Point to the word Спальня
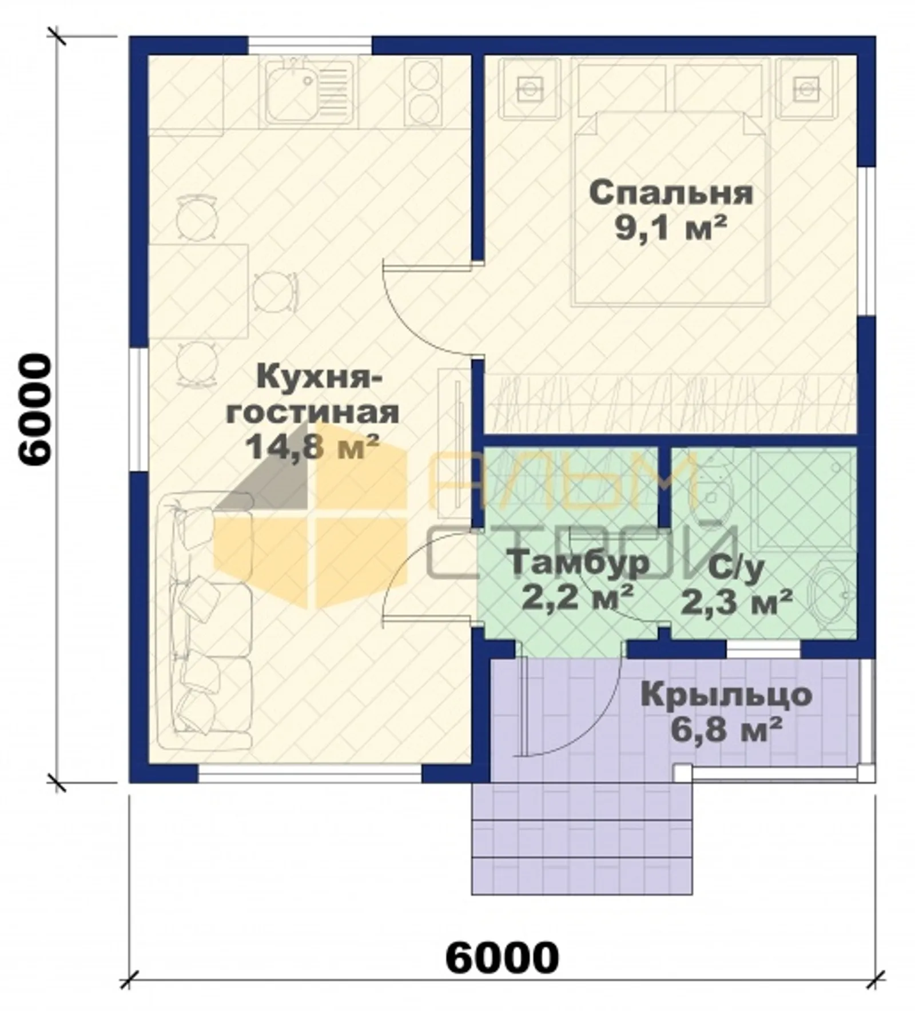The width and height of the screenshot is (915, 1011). pos(671,193)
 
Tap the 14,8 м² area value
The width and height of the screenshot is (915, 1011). pos(312,447)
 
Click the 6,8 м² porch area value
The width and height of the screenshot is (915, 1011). pos(726,730)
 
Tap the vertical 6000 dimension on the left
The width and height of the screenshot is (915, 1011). pos(35,409)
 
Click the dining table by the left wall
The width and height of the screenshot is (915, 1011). pos(198,291)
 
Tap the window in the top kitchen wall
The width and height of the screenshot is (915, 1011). pos(309,45)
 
